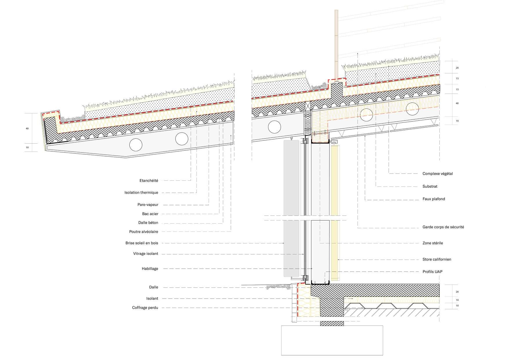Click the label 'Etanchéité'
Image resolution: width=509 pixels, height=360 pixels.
pyautogui.click(x=149, y=181)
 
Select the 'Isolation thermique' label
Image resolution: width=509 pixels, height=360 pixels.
pyautogui.click(x=141, y=193)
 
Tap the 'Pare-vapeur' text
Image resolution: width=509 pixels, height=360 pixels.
pyautogui.click(x=148, y=205)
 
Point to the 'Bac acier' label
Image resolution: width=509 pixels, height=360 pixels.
pyautogui.click(x=150, y=214)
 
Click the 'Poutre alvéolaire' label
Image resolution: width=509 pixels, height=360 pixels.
pyautogui.click(x=144, y=232)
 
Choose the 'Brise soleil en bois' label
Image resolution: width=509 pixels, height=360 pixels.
pyautogui.click(x=142, y=243)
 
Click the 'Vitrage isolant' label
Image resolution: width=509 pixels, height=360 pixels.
pyautogui.click(x=146, y=254)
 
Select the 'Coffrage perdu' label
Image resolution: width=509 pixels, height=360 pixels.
pyautogui.click(x=145, y=308)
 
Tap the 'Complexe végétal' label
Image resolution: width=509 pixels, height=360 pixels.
pyautogui.click(x=438, y=174)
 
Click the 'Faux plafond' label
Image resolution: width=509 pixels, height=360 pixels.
pyautogui.click(x=434, y=199)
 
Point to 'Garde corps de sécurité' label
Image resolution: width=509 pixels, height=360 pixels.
pyautogui.click(x=443, y=227)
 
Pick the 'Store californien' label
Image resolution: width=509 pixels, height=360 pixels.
pyautogui.click(x=437, y=259)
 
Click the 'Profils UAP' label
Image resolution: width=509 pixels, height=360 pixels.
pyautogui.click(x=432, y=272)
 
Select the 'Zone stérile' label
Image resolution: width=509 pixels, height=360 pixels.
pyautogui.click(x=433, y=243)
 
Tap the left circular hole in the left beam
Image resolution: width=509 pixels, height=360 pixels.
pyautogui.click(x=136, y=145)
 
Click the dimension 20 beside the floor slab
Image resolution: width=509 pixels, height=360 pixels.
pyautogui.click(x=457, y=292)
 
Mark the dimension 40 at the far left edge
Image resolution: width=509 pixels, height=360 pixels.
pyautogui.click(x=27, y=128)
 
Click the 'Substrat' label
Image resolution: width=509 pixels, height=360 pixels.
pyautogui.click(x=430, y=187)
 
